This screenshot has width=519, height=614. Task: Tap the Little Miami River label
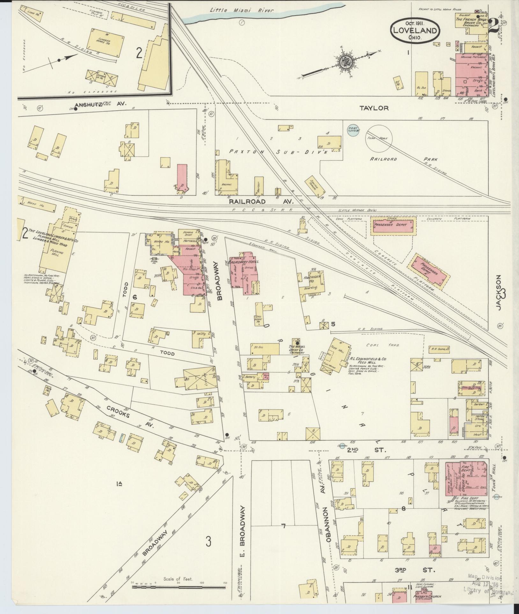tap(242, 11)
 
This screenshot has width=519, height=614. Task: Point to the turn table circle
tap(379, 140)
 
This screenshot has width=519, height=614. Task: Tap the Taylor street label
tap(374, 108)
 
